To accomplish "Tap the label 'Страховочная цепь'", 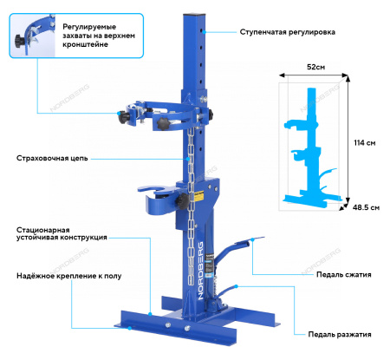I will coord(51,159).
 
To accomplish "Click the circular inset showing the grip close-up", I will coord(27,28).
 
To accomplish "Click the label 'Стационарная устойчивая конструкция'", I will coord(61,233).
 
